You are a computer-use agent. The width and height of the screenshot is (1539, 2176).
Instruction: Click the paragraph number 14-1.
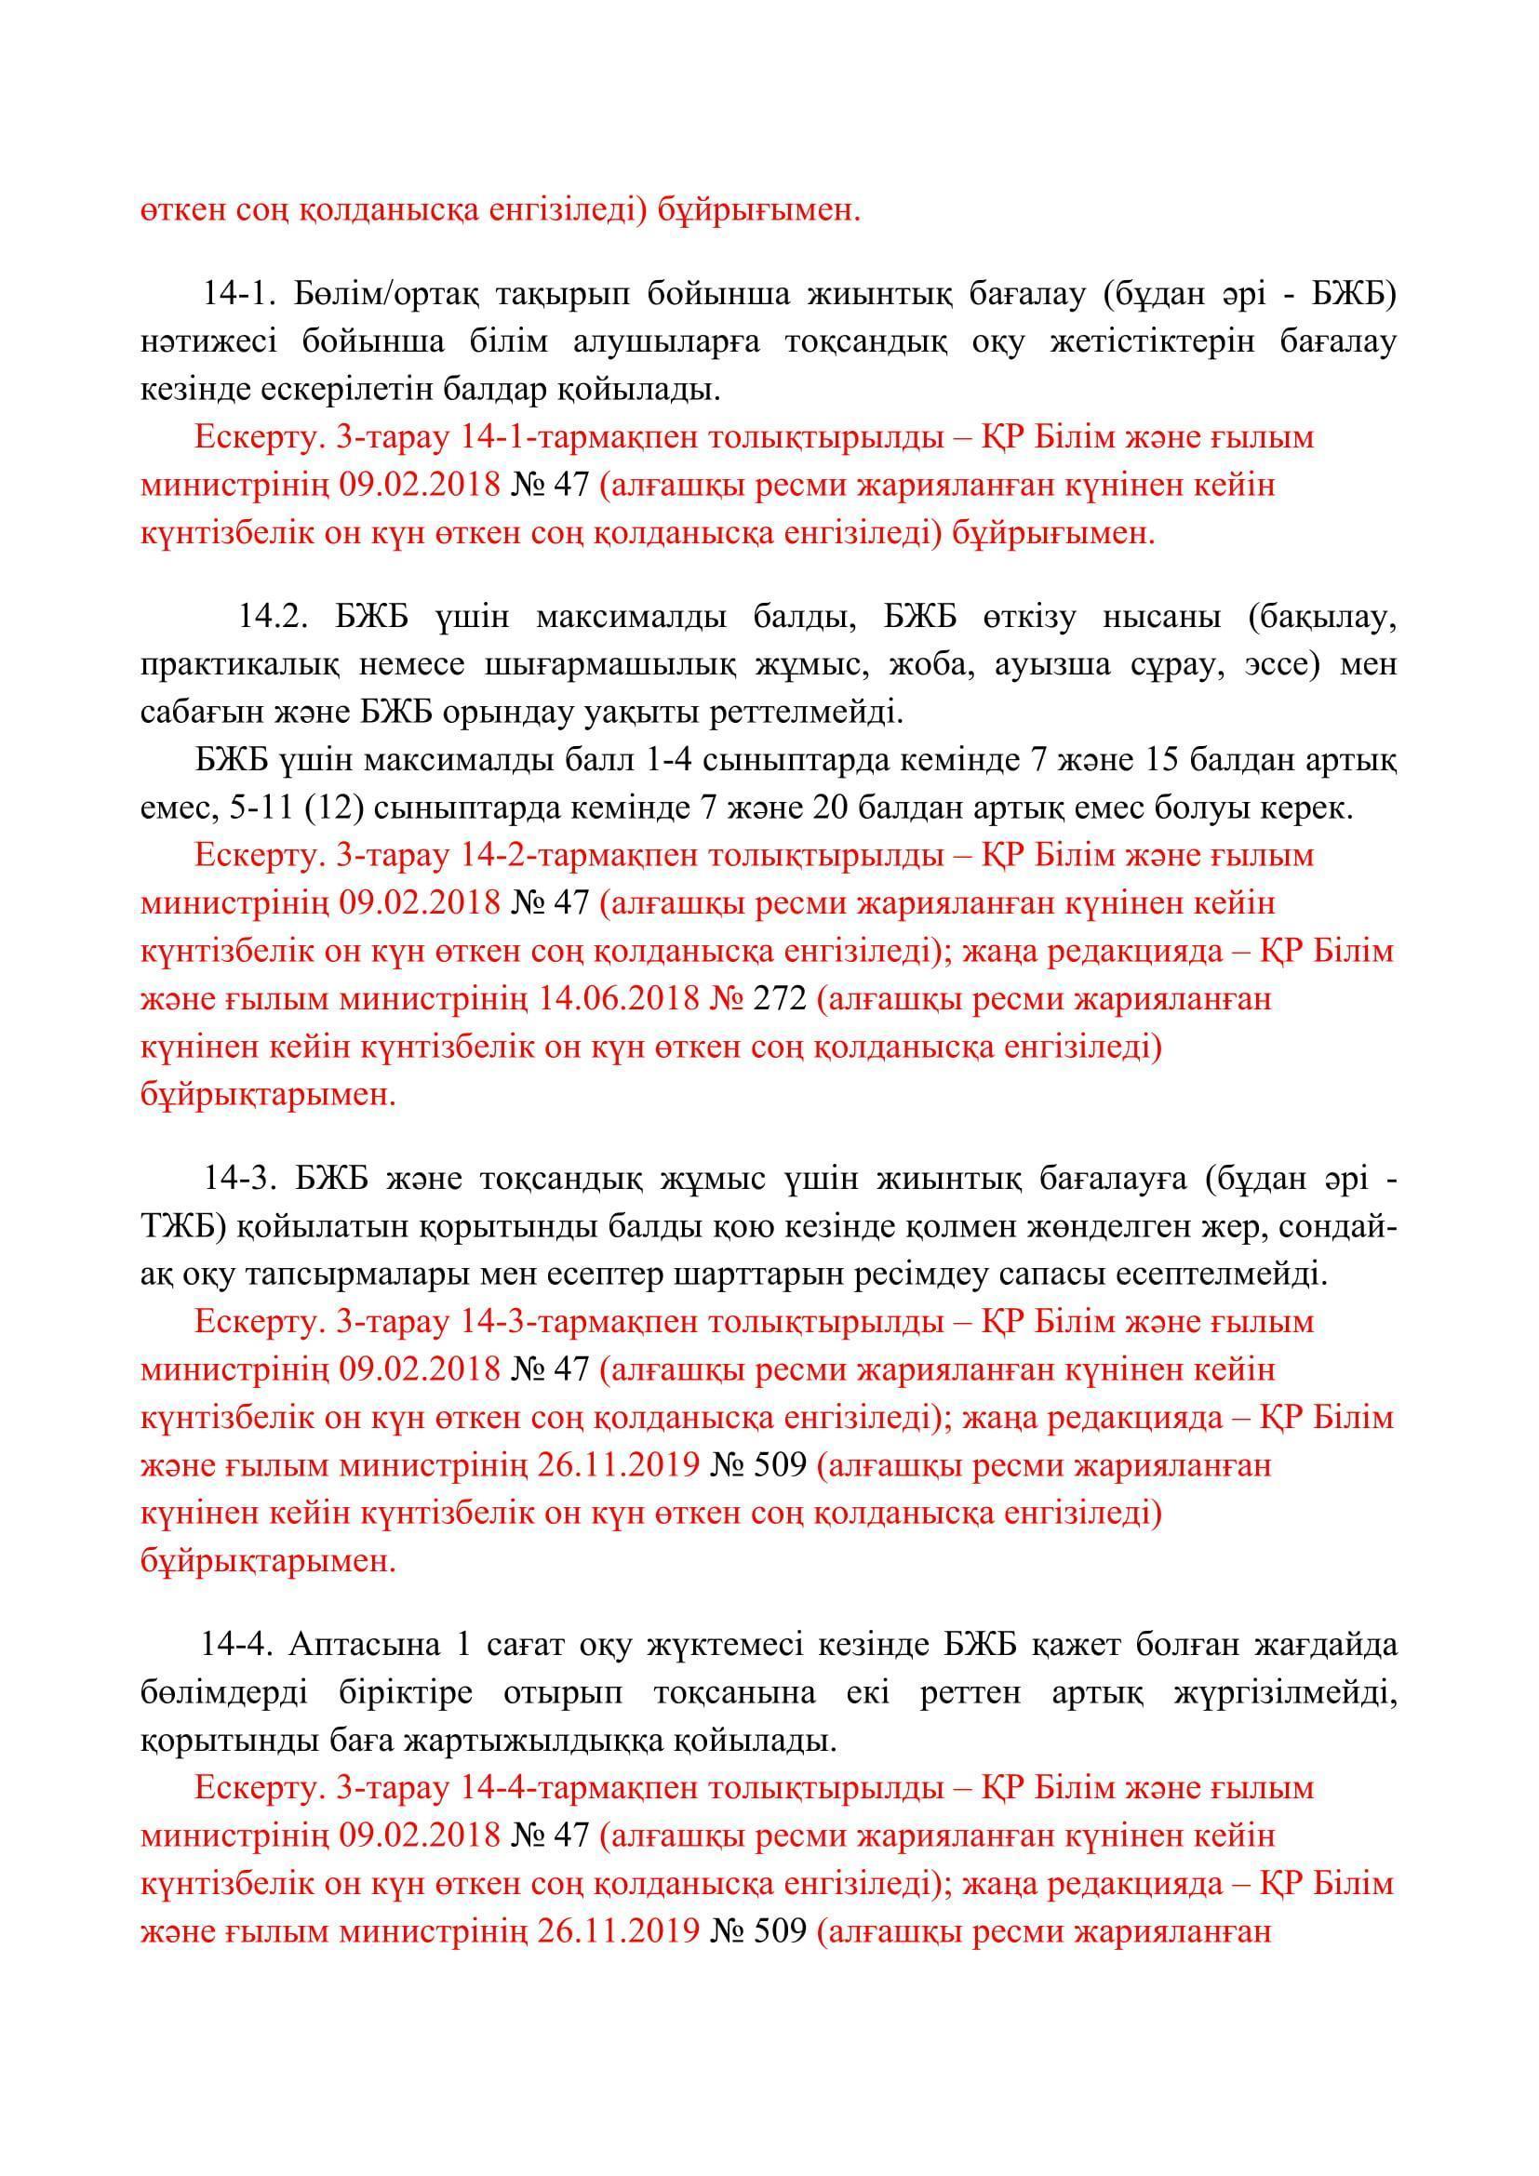[x=237, y=295]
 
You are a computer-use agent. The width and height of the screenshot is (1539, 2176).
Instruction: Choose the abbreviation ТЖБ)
[x=181, y=1227]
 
